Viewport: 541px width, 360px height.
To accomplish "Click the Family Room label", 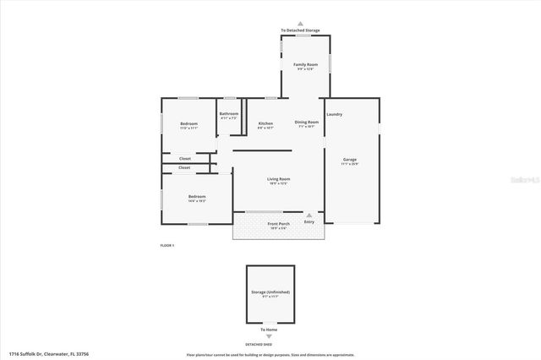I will coord(305,64).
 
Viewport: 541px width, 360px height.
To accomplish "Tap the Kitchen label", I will coord(265,123).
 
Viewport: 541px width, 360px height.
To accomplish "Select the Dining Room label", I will coord(307,123).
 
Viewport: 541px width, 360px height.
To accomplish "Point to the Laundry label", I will coord(334,114).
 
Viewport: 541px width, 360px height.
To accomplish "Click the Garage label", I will coord(350,160).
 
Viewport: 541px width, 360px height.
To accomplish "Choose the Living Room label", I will coord(279,179).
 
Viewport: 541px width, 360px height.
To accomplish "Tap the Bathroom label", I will coord(229,114).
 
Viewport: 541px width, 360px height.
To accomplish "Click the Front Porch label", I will coord(279,224).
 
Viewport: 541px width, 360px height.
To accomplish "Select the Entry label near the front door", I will coord(309,221).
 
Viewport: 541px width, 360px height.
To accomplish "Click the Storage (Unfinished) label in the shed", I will coord(270,292).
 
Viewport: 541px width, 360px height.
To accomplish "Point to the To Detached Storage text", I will coord(300,31).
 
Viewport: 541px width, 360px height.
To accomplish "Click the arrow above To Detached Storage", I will coord(300,25).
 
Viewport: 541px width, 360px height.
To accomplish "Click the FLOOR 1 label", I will coord(167,245).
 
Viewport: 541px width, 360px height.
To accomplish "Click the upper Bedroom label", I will coord(189,123).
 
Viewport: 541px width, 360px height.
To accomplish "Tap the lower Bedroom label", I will coord(197,197).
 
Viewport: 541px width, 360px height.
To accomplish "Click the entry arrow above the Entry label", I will coord(309,215).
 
